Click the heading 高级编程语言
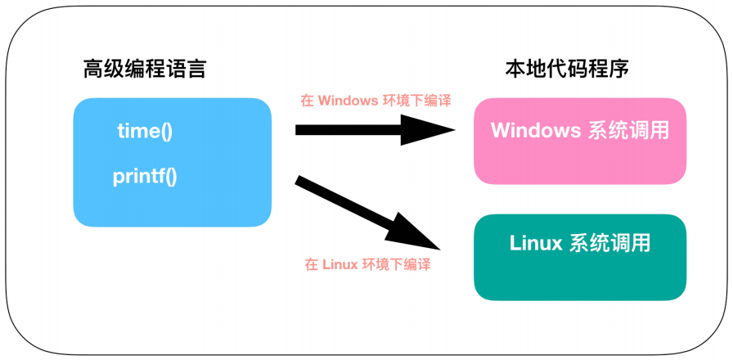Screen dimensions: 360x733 [145, 70]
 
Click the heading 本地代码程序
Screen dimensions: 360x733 [566, 70]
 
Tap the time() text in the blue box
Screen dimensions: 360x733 [145, 131]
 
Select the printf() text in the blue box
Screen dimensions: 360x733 [145, 175]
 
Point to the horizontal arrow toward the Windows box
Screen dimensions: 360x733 [360, 129]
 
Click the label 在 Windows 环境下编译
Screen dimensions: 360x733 [375, 101]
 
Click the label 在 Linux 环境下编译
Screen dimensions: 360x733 [367, 264]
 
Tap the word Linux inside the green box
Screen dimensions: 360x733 [535, 243]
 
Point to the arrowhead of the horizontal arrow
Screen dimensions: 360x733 [429, 129]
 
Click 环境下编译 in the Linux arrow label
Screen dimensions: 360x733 [397, 264]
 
